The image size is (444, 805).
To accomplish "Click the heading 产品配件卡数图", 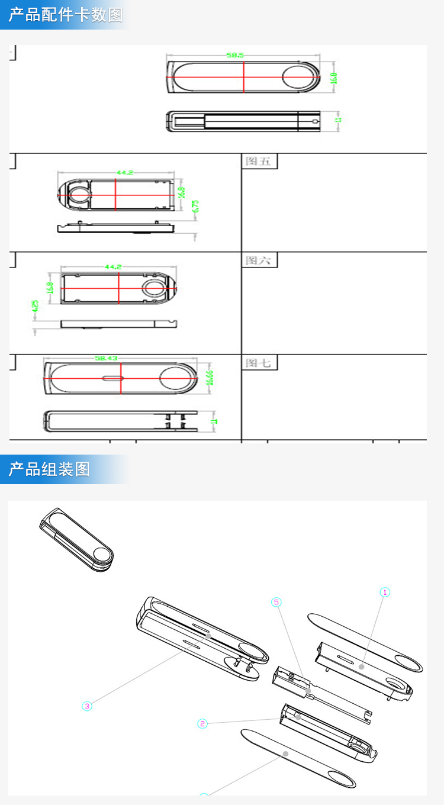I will coord(65,15).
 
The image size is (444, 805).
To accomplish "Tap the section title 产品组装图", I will coord(49,469).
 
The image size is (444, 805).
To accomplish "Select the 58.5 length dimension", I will coord(234,55).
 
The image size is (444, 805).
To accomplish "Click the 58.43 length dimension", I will coord(106,358).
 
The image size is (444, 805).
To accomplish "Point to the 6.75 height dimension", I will coord(196,207).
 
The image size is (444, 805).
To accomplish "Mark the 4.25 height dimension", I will coord(35,307).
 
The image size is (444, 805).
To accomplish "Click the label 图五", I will coord(258,161).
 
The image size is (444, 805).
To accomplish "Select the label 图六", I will coord(258,260).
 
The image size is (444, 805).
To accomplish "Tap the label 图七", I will coord(258,363).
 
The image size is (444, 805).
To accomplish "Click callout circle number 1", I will coord(385,592).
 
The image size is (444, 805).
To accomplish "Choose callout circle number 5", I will coord(276,602).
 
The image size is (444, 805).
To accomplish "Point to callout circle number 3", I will coord(87,706).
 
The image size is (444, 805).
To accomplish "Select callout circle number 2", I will coord(202,723).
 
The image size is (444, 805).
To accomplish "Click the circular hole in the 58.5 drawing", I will coord(299,78).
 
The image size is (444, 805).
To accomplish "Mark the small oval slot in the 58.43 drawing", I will coord(111,378).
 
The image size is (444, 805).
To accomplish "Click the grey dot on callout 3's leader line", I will coord(208,636).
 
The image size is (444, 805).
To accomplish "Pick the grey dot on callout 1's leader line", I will coord(361,666).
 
